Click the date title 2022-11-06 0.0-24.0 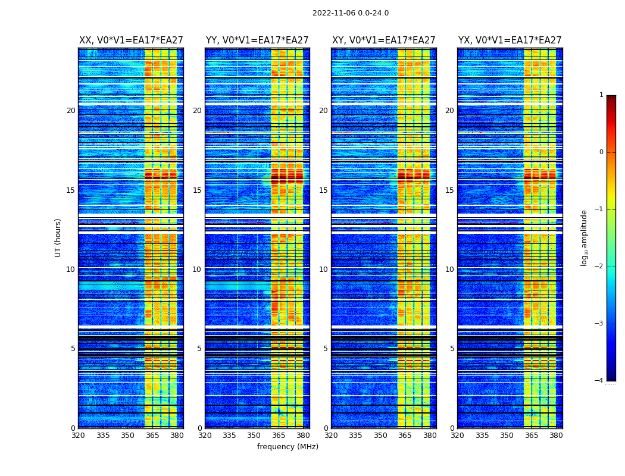[351, 13]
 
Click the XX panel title [131, 40]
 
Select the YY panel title [257, 40]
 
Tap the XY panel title [384, 40]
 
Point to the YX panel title [510, 40]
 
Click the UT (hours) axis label [58, 237]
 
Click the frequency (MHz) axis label [287, 447]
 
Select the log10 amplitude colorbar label [585, 237]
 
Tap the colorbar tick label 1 [601, 95]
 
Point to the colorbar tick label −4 [599, 381]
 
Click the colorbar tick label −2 [599, 267]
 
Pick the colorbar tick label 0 [601, 152]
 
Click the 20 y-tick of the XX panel [71, 111]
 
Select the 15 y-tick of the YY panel [197, 190]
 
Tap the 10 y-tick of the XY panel [323, 270]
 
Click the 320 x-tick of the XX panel [79, 436]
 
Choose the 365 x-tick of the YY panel [279, 436]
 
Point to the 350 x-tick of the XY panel [380, 436]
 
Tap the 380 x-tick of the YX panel [556, 436]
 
